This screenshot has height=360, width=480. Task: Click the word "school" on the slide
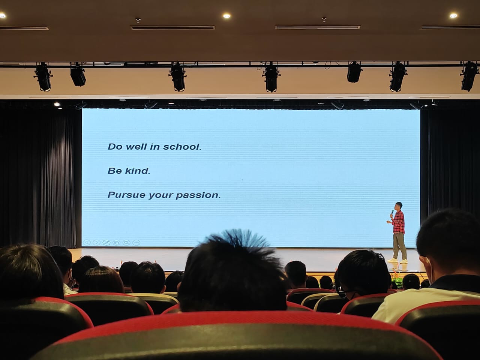pyautogui.click(x=181, y=147)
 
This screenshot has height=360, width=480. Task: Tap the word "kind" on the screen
pyautogui.click(x=137, y=171)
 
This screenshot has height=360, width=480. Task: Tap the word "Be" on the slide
pyautogui.click(x=115, y=171)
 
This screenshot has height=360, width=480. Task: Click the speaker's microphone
pyautogui.click(x=392, y=213)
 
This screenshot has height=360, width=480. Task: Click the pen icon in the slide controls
pyautogui.click(x=106, y=243)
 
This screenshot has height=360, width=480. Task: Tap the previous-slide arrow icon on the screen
pyautogui.click(x=87, y=242)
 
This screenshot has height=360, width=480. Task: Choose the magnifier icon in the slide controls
pyautogui.click(x=126, y=243)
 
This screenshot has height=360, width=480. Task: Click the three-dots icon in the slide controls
pyautogui.click(x=136, y=243)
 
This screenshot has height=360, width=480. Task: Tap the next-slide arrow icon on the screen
pyautogui.click(x=96, y=242)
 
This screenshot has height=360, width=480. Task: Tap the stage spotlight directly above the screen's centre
pyautogui.click(x=271, y=78)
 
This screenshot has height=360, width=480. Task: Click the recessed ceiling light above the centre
pyautogui.click(x=227, y=16)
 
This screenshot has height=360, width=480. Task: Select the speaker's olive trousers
pyautogui.click(x=399, y=246)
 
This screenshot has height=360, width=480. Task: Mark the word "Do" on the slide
pyautogui.click(x=115, y=147)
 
